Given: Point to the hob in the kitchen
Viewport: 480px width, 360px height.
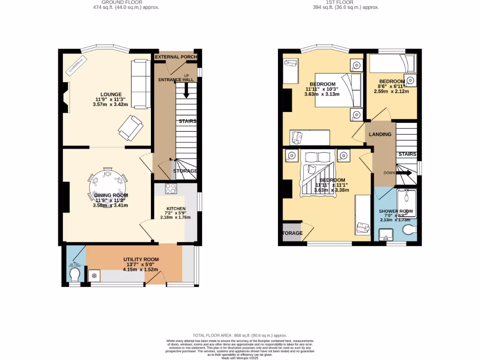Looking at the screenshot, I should coord(171,188).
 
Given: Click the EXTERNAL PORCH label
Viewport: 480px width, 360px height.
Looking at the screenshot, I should coord(176,57).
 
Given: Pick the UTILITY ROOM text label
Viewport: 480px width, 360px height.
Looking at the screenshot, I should coord(141,260).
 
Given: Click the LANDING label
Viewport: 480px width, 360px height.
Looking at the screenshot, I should coord(380,135).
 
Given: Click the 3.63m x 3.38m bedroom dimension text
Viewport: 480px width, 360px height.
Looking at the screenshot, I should coord(332,190).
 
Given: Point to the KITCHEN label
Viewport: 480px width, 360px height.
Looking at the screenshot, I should coord(176,209).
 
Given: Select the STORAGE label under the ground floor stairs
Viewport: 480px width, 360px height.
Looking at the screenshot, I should coord(185,171).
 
